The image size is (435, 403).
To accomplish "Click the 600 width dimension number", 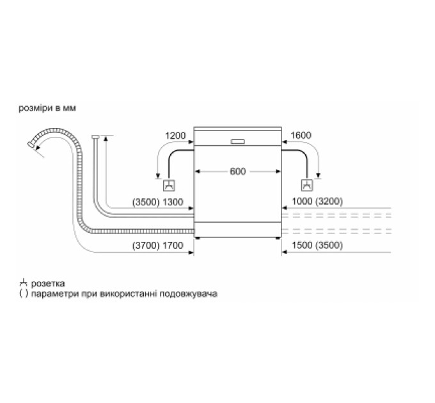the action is (x=238, y=171).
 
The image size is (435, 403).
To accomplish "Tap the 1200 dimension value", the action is (x=175, y=136).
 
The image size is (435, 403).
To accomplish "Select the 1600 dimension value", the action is (x=301, y=136).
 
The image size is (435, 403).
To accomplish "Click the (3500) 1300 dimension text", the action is (x=157, y=202).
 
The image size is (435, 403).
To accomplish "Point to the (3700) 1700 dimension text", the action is (x=157, y=246).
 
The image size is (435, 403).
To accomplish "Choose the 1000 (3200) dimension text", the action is (x=317, y=201).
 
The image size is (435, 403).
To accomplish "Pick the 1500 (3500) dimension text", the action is (x=317, y=245).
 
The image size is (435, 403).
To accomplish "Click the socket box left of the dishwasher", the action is (x=169, y=186).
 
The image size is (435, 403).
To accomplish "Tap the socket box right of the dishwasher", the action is (x=307, y=186).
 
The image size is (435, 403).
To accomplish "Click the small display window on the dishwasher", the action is (x=237, y=141).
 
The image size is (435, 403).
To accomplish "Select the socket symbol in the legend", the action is (x=23, y=283).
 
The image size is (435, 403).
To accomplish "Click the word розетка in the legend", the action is (x=48, y=284).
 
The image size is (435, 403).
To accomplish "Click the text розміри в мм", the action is (x=47, y=108).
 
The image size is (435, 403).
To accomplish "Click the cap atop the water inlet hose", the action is (x=95, y=136).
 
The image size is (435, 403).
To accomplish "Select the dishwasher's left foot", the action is (x=198, y=238).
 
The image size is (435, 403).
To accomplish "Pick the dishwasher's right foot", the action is (x=278, y=238).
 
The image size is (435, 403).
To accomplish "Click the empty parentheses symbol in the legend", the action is (x=24, y=294).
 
